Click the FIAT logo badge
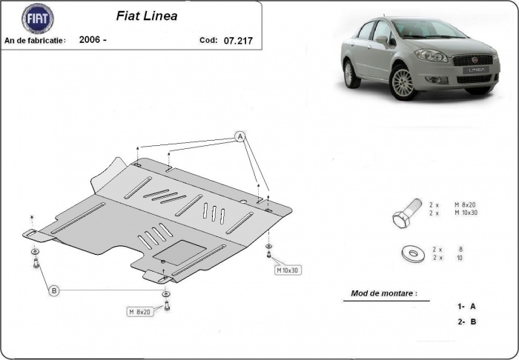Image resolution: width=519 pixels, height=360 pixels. [37, 19]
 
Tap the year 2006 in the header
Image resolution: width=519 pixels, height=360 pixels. [92, 40]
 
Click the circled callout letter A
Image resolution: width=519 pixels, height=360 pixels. [239, 136]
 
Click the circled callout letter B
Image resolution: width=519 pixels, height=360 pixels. [53, 291]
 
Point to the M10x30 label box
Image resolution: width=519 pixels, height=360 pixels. [288, 270]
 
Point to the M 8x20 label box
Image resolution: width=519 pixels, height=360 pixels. [140, 312]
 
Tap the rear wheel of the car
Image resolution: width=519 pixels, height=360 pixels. [348, 73]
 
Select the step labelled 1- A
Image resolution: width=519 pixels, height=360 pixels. [466, 306]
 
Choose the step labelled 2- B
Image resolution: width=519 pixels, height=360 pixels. [466, 321]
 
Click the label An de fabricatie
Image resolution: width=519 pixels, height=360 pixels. [35, 40]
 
